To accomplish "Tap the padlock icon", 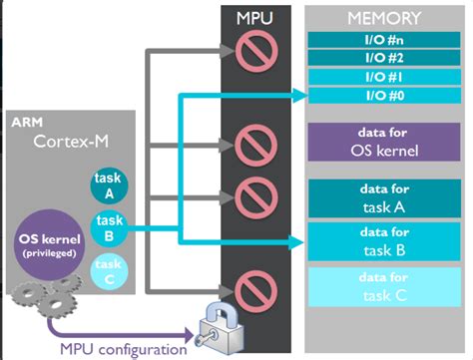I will [222, 321].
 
